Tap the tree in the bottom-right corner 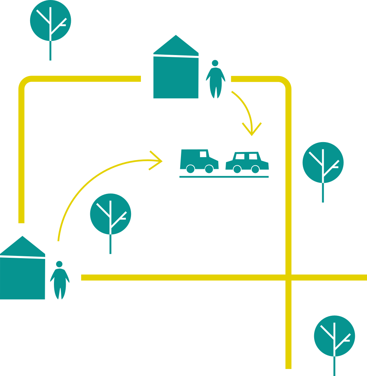(334, 336)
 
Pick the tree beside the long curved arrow (110, 214)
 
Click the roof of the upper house (176, 46)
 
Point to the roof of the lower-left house (22, 247)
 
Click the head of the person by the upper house (215, 63)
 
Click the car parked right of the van (247, 162)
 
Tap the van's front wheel (209, 169)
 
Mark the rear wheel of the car (237, 169)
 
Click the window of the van (203, 154)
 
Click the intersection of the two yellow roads (288, 277)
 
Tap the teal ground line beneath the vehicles (224, 177)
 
